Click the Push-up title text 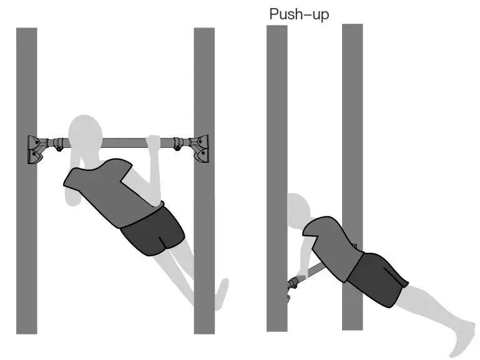(298, 14)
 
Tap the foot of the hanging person (222, 293)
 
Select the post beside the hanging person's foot (204, 262)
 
